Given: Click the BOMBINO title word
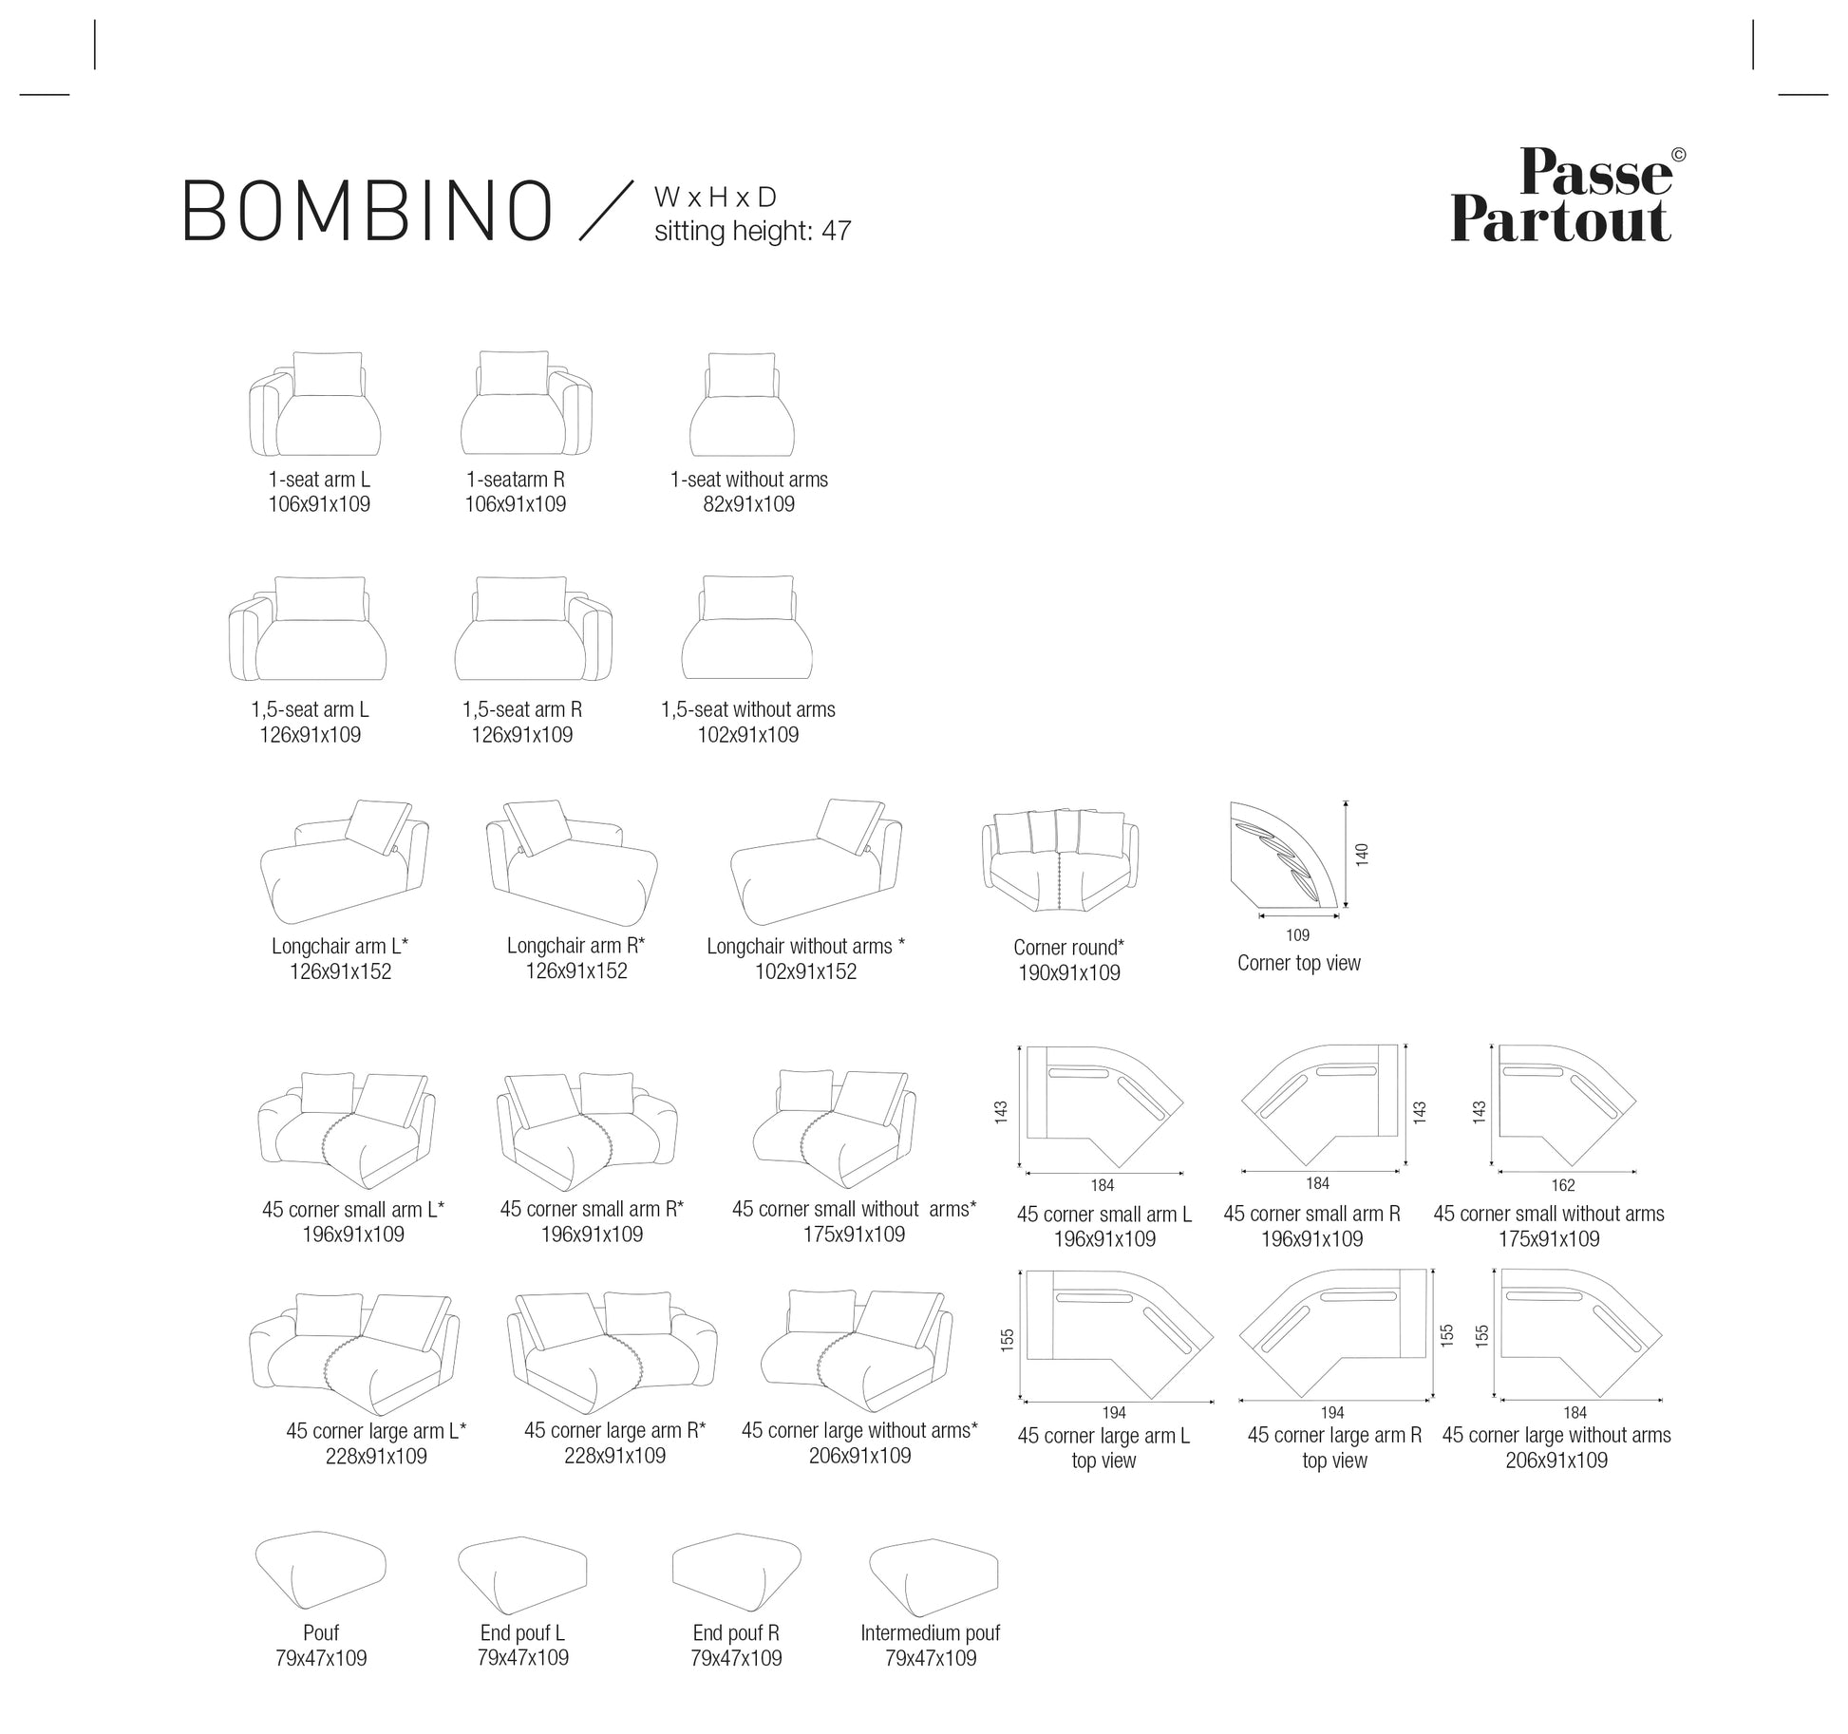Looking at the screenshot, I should (x=368, y=211).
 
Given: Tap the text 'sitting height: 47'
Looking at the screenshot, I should (x=752, y=231).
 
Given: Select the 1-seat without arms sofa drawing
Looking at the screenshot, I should (x=743, y=405).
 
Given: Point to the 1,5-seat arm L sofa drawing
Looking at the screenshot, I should (x=308, y=629).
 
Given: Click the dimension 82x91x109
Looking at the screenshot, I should (x=748, y=504).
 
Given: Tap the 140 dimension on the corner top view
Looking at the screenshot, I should (x=1362, y=854).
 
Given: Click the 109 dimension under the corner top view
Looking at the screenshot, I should (x=1297, y=935).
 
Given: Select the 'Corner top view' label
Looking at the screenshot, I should (x=1298, y=963).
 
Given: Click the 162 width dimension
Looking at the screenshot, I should (x=1562, y=1185).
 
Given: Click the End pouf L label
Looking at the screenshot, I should (x=522, y=1632).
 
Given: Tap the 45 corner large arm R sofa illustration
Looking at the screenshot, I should (x=612, y=1349).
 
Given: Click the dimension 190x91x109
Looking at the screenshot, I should (x=1069, y=972).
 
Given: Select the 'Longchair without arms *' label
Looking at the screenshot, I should (x=805, y=946).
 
